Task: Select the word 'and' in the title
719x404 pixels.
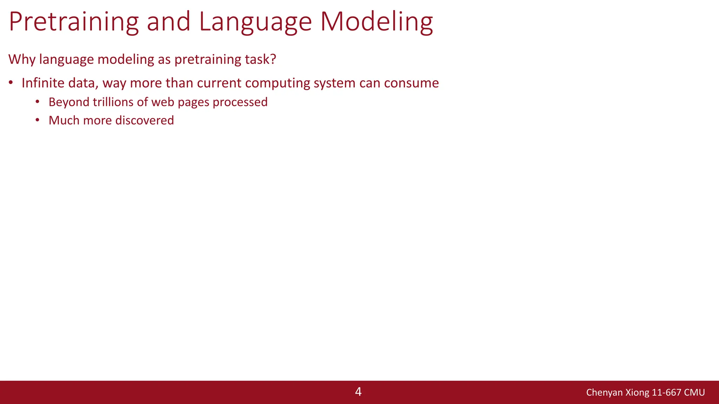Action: (x=168, y=22)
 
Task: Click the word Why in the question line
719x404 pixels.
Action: (x=22, y=59)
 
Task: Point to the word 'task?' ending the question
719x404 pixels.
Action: (x=260, y=59)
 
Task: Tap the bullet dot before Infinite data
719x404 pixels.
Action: (x=11, y=83)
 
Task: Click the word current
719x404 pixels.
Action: (x=219, y=83)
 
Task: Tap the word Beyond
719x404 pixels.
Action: (x=69, y=102)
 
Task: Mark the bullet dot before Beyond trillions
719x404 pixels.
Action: (x=38, y=102)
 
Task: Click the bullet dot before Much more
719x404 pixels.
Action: (x=38, y=120)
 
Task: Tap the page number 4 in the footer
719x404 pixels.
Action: (x=358, y=392)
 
